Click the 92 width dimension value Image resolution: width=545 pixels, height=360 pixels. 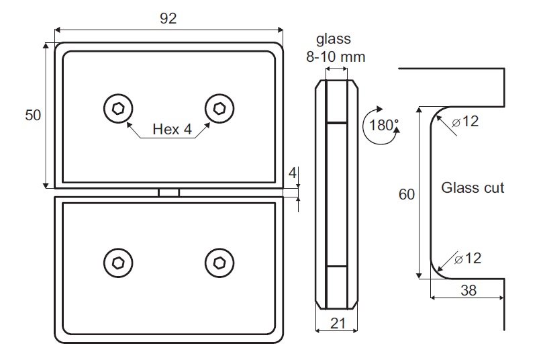pos(168,19)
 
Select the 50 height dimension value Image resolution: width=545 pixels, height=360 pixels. pos(33,115)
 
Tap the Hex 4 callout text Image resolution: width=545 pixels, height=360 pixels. pos(167,128)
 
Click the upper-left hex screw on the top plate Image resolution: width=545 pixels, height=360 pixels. pos(118,108)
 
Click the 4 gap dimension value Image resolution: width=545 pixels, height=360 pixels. pos(292,173)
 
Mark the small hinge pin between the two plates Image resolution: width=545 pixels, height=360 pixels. pos(168,193)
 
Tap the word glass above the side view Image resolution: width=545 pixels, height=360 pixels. pos(334,40)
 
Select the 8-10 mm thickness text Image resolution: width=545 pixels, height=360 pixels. pos(336,57)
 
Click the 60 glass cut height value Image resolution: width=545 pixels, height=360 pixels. pos(407,195)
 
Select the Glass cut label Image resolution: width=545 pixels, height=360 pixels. pos(473,188)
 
